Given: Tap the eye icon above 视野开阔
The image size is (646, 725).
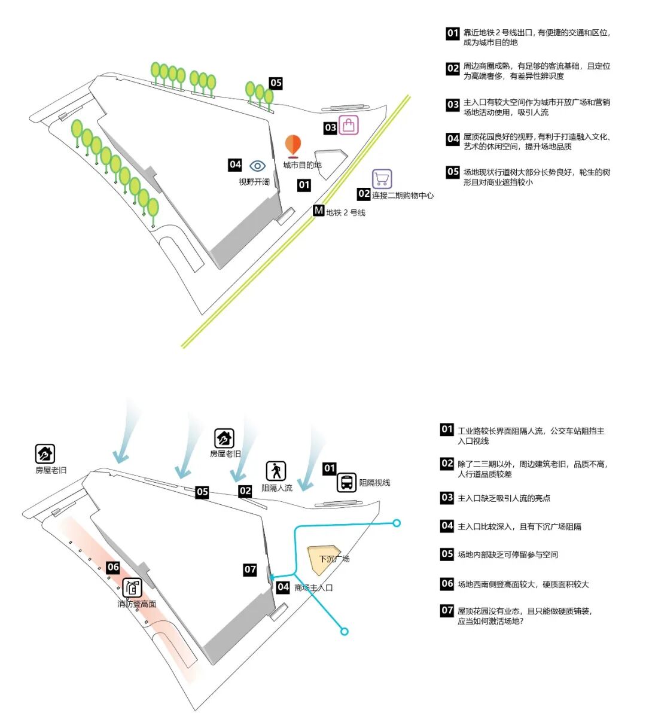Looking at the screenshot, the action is point(257,166).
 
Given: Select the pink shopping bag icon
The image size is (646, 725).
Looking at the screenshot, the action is point(349,125).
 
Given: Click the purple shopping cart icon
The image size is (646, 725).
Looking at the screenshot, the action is point(382,179).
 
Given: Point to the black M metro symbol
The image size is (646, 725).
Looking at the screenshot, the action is point(319,211).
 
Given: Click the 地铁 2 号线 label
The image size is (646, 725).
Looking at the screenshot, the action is point(346,212).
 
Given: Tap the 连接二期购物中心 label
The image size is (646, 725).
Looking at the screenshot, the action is point(403,196).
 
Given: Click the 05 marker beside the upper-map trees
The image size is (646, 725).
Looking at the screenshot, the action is point(275,83).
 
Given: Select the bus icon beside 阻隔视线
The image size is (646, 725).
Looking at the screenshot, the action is point(346,482).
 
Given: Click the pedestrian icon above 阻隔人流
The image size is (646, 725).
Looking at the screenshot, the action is point(276,471).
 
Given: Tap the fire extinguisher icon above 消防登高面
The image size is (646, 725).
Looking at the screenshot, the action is point(132,588).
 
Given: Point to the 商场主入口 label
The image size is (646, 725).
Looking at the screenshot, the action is point(313,588).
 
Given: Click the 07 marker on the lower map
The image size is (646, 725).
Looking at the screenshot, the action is point(250,570).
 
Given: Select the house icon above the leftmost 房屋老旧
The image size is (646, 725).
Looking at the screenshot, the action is point(45,454).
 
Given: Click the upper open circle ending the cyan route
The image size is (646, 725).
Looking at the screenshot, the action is point(396,523).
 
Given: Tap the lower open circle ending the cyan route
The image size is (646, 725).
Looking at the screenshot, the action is point(344,631).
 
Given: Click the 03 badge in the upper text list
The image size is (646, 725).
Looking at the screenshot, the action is point(453,105).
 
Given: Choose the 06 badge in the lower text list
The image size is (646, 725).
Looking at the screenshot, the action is point(447,584).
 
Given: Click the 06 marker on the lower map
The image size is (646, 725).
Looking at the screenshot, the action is point(113,567).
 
